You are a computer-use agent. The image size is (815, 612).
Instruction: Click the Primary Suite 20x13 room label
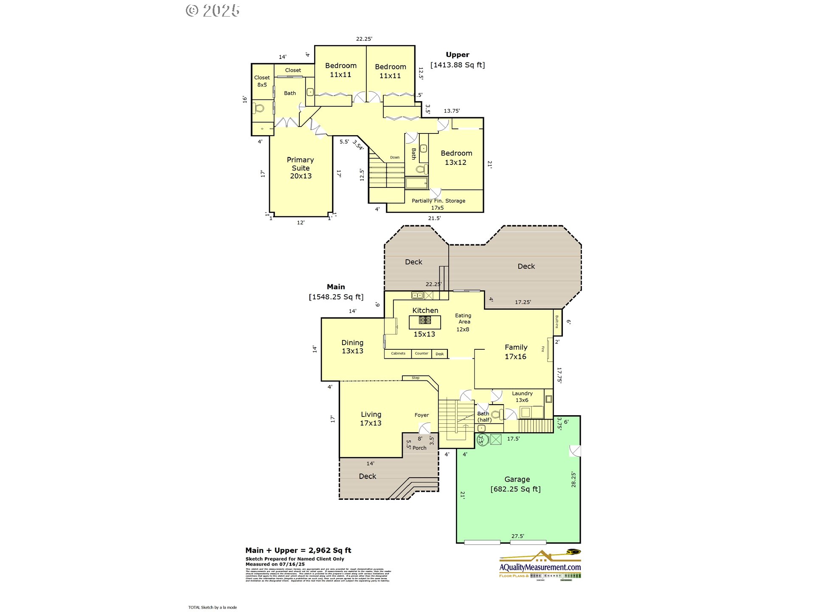coord(301,168)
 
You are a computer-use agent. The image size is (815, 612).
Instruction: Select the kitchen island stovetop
coord(425,320)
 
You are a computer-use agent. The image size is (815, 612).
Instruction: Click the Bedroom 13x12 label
coord(456,158)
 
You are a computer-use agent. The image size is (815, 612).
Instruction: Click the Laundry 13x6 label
coord(522,397)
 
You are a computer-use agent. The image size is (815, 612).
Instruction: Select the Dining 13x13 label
coord(352,347)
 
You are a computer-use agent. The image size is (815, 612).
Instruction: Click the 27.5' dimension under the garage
coord(517,536)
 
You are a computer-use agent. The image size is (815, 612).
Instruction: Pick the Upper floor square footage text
coord(458,65)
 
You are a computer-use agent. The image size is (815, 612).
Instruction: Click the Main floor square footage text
coord(336,297)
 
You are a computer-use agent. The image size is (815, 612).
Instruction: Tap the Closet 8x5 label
coord(262,81)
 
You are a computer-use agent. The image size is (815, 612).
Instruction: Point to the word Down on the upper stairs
coord(395,158)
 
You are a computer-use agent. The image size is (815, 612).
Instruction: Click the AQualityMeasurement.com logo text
coord(540,567)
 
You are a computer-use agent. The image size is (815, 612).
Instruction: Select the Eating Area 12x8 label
coord(463,322)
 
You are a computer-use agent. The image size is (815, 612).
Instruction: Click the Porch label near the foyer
coord(419,448)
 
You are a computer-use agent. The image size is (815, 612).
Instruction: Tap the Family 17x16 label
coord(516,352)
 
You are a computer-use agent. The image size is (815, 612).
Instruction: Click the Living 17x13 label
coord(371,419)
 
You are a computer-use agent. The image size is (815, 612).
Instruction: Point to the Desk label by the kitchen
coord(440,354)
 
